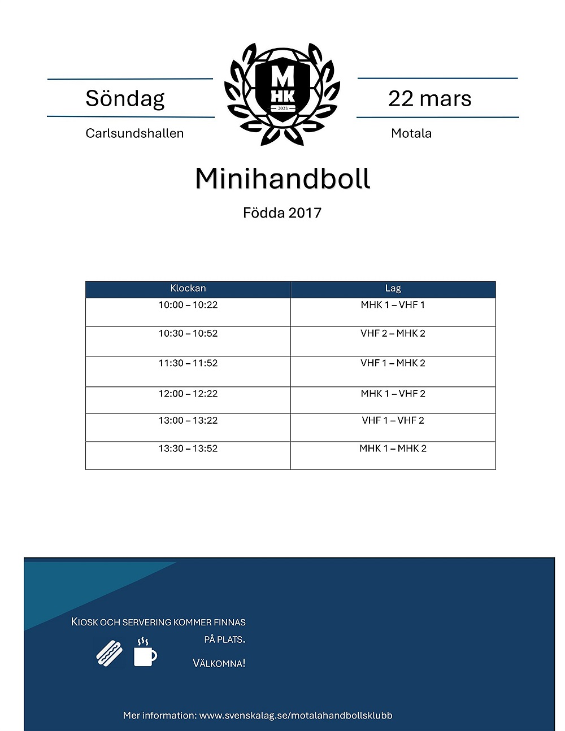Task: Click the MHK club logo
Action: tap(282, 93)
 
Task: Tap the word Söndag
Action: tap(125, 98)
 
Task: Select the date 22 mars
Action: tap(429, 99)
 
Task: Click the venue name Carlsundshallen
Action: tap(134, 133)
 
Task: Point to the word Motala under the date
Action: tap(411, 133)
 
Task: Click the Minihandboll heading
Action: tap(282, 179)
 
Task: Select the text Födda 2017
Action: tap(282, 213)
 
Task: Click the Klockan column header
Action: tap(188, 289)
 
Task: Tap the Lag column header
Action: tap(393, 289)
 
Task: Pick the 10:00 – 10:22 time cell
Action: tap(188, 305)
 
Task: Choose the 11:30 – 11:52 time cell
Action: tap(188, 363)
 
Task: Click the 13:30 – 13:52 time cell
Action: tap(188, 449)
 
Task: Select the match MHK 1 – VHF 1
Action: tap(393, 305)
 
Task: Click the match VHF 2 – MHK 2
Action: tap(393, 333)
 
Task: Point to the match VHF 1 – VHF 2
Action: tap(393, 420)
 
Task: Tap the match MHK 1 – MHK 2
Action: tap(393, 449)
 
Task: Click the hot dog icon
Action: tap(110, 653)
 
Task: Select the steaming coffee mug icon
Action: tap(145, 653)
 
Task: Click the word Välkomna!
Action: tap(219, 663)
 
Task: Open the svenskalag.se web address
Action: tap(295, 715)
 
